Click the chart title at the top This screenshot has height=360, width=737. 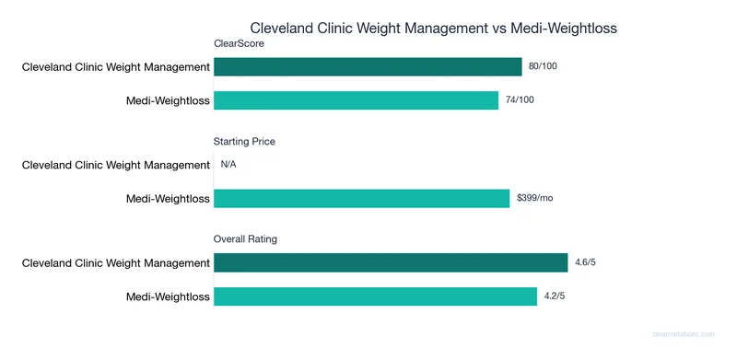pos(434,29)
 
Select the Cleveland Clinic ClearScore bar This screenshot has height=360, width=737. pos(368,66)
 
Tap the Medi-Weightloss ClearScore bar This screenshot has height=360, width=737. pos(356,99)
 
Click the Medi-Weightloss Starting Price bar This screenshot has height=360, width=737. pos(361,198)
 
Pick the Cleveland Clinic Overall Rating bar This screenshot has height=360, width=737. pos(391,262)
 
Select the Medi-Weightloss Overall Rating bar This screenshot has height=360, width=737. pos(375,296)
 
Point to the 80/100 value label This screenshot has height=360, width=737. pos(544,66)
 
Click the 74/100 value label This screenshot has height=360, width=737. pos(519,99)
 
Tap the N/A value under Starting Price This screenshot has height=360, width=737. pos(228,165)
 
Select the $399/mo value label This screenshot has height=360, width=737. pos(534,198)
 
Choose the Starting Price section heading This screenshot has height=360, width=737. pos(244,142)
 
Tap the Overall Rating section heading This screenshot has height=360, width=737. pos(246,239)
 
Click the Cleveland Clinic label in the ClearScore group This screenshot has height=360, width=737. pos(116,66)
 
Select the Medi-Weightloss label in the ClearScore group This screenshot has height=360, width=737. pos(168,99)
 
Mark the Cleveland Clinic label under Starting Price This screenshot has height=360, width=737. pos(116,165)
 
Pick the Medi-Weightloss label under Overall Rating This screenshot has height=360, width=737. pos(168,296)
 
